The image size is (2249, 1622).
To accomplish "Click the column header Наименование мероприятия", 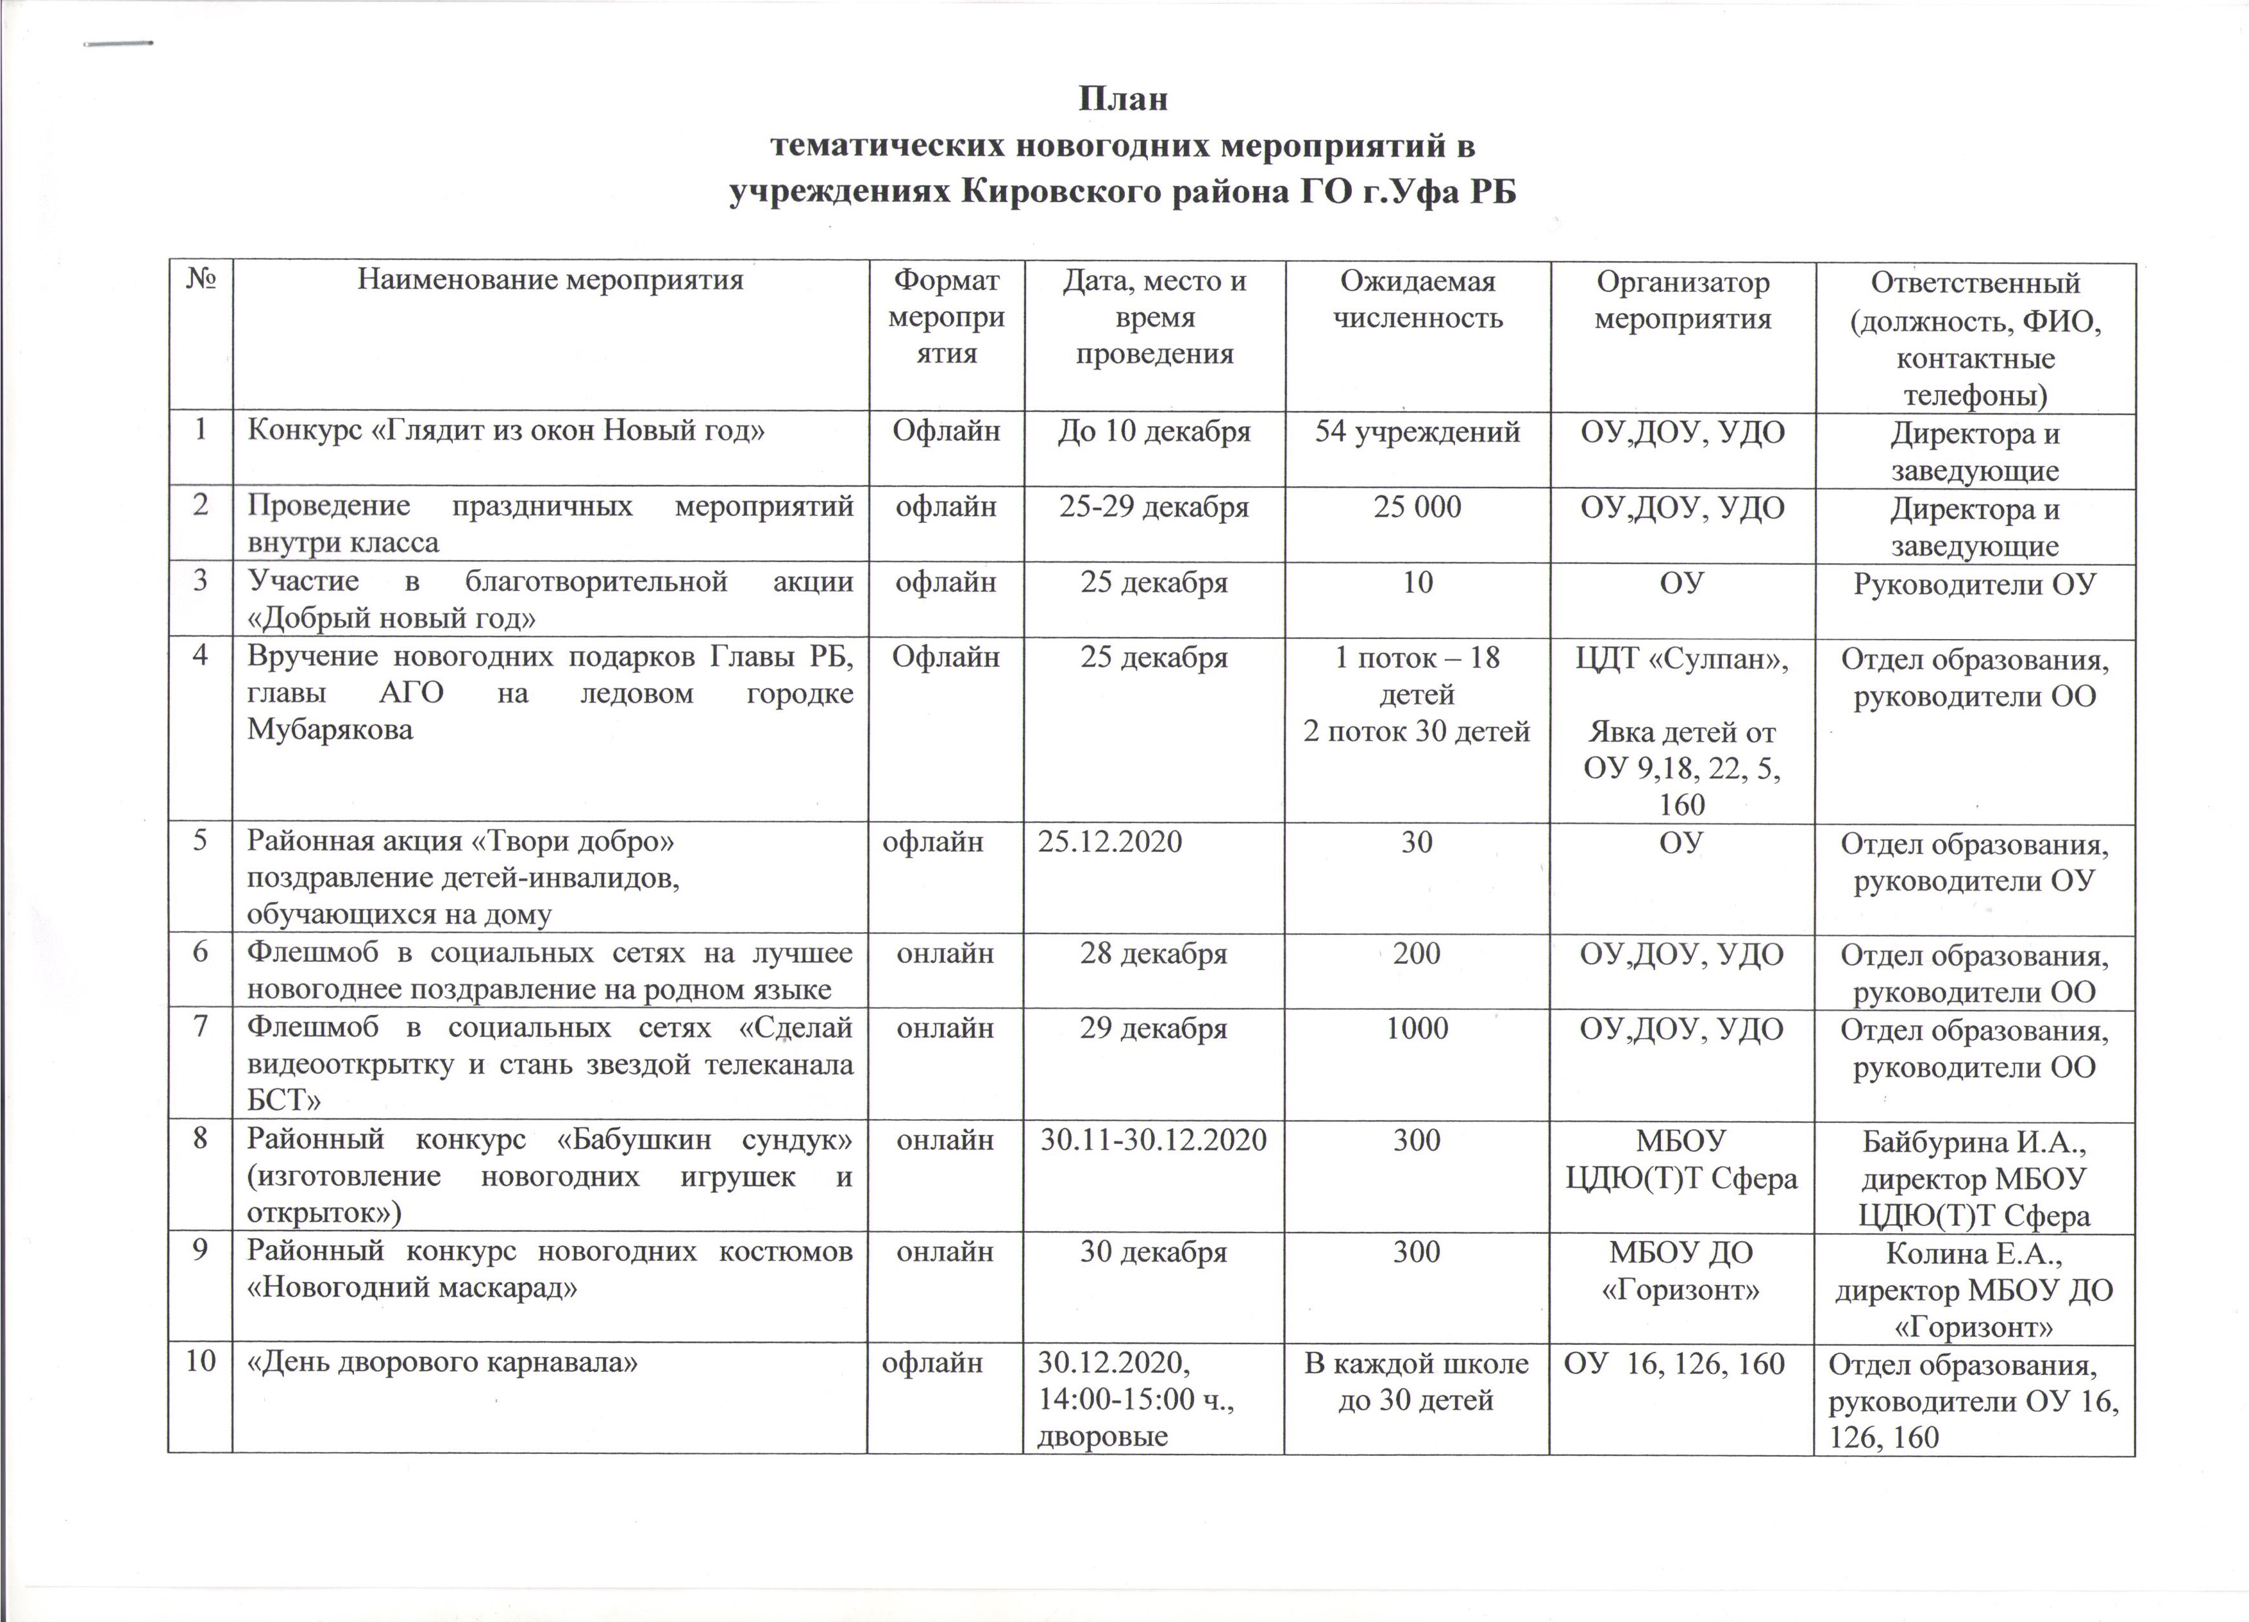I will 550,281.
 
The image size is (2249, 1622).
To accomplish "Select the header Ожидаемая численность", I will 1417,300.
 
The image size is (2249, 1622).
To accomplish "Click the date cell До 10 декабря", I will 1154,432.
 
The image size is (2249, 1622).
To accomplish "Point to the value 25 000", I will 1417,507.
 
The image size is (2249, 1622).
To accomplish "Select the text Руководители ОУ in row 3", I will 1975,583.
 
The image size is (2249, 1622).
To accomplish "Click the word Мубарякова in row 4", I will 330,729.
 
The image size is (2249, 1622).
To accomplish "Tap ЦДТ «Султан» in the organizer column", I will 1682,658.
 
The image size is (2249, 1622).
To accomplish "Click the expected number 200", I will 1417,954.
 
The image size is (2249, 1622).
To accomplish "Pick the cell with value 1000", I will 1417,1029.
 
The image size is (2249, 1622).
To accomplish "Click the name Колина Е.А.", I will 1975,1254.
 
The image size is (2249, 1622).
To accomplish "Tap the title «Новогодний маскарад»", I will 412,1288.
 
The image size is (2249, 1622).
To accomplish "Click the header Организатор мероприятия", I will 1682,300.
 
